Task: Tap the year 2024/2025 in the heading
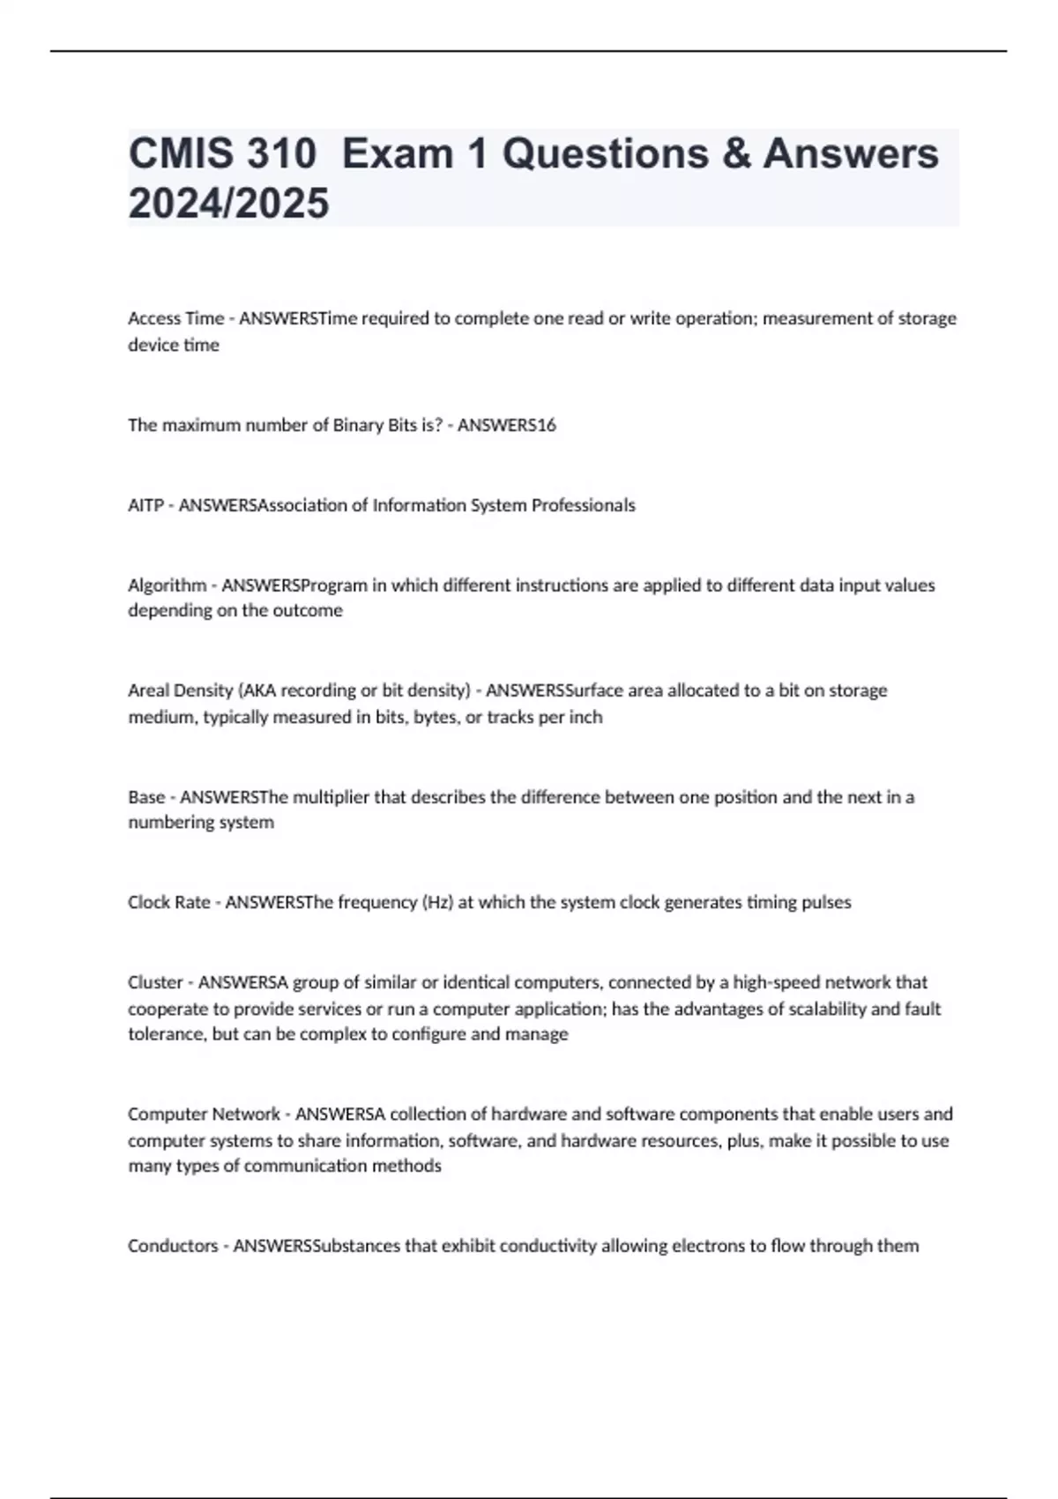pos(228,203)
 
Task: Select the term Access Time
pos(175,318)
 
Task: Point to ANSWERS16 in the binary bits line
pos(506,425)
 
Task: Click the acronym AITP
pos(146,505)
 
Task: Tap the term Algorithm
pos(167,585)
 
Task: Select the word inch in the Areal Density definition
pos(585,717)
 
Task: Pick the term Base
pos(146,797)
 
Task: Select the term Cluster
pos(155,982)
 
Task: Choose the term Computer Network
pos(204,1115)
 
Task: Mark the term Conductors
pos(172,1246)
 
